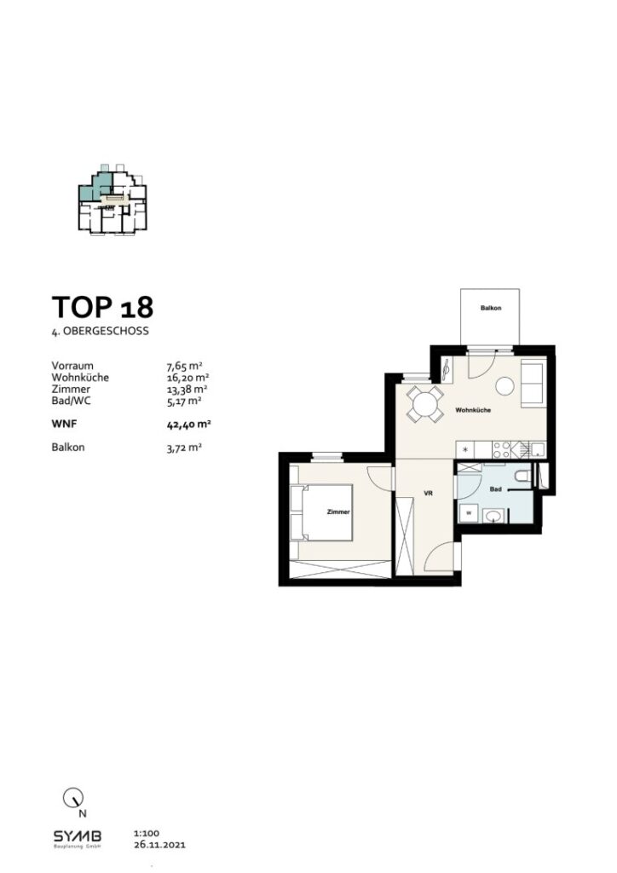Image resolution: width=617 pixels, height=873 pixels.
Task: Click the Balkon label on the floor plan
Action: (x=489, y=308)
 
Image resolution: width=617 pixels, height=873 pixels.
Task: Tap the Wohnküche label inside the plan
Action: (x=471, y=410)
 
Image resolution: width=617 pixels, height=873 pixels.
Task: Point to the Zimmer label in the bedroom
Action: (x=339, y=512)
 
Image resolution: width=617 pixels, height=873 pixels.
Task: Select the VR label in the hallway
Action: (x=430, y=492)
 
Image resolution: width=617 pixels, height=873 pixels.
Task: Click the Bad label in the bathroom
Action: (x=494, y=489)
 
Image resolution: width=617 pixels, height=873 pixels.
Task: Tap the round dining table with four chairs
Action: (x=424, y=402)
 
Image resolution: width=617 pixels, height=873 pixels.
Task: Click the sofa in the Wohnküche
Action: (x=533, y=384)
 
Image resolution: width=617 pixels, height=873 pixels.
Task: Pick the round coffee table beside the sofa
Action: (x=505, y=386)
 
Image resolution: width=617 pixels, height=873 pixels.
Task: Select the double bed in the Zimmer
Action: (x=321, y=512)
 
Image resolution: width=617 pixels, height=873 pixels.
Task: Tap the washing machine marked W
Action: (x=469, y=512)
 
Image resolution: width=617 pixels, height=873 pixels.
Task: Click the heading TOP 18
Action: (x=102, y=306)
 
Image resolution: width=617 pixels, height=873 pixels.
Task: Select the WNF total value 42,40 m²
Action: (x=188, y=422)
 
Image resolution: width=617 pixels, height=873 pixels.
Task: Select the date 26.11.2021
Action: (x=159, y=846)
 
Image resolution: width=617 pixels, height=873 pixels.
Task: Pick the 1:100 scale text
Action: (x=147, y=834)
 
